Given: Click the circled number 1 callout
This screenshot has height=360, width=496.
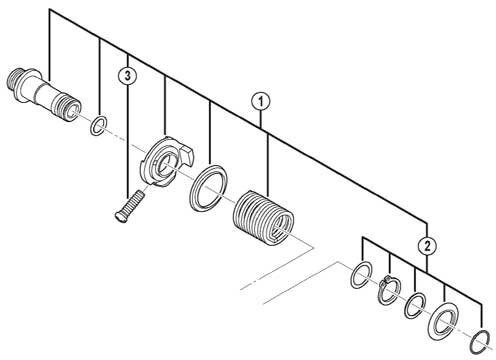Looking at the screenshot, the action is [261, 101].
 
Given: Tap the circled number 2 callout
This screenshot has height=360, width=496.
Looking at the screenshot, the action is [427, 246].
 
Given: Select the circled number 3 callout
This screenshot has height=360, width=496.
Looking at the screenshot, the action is [128, 76].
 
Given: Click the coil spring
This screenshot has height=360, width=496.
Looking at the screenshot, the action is [263, 218].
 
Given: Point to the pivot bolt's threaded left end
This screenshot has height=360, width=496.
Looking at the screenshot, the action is [14, 79].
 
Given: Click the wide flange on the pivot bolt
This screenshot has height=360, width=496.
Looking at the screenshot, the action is [27, 86].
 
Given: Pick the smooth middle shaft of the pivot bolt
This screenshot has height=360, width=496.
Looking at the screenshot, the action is [45, 94].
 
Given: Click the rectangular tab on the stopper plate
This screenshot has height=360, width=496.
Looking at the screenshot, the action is [186, 156].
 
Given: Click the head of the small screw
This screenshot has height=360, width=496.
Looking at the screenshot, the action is [119, 216].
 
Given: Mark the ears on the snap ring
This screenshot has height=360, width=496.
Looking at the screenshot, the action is [387, 279].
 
